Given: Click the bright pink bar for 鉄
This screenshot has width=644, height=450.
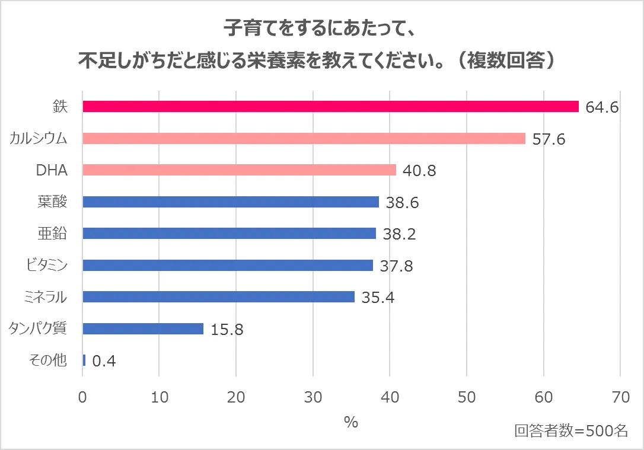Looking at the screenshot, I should tap(330, 107).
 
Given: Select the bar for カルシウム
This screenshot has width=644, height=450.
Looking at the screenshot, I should tap(304, 139).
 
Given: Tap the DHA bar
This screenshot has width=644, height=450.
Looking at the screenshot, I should tap(239, 170).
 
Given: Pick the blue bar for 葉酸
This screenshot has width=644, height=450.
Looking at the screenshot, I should tap(231, 202).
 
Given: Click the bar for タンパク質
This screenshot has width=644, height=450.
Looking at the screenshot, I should tap(143, 328).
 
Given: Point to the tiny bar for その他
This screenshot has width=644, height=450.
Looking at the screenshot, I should tap(84, 360).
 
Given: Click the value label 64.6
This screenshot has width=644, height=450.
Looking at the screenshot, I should tap(602, 107).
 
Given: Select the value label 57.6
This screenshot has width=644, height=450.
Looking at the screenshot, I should tap(549, 139).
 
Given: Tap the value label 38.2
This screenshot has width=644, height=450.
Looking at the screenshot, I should tap(399, 234).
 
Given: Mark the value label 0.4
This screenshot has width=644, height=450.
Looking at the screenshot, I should tap(104, 361).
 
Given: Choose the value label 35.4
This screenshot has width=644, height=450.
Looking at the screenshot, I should tap(378, 298).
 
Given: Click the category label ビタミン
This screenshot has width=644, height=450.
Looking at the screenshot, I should tap(47, 265).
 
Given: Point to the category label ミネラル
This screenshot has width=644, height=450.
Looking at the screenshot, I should tap(47, 297).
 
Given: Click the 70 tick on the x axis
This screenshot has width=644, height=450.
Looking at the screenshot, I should tap(620, 397).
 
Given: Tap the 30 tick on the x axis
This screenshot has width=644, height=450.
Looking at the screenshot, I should tap(313, 397).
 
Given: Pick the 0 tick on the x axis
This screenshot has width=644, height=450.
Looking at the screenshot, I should tap(83, 397).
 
